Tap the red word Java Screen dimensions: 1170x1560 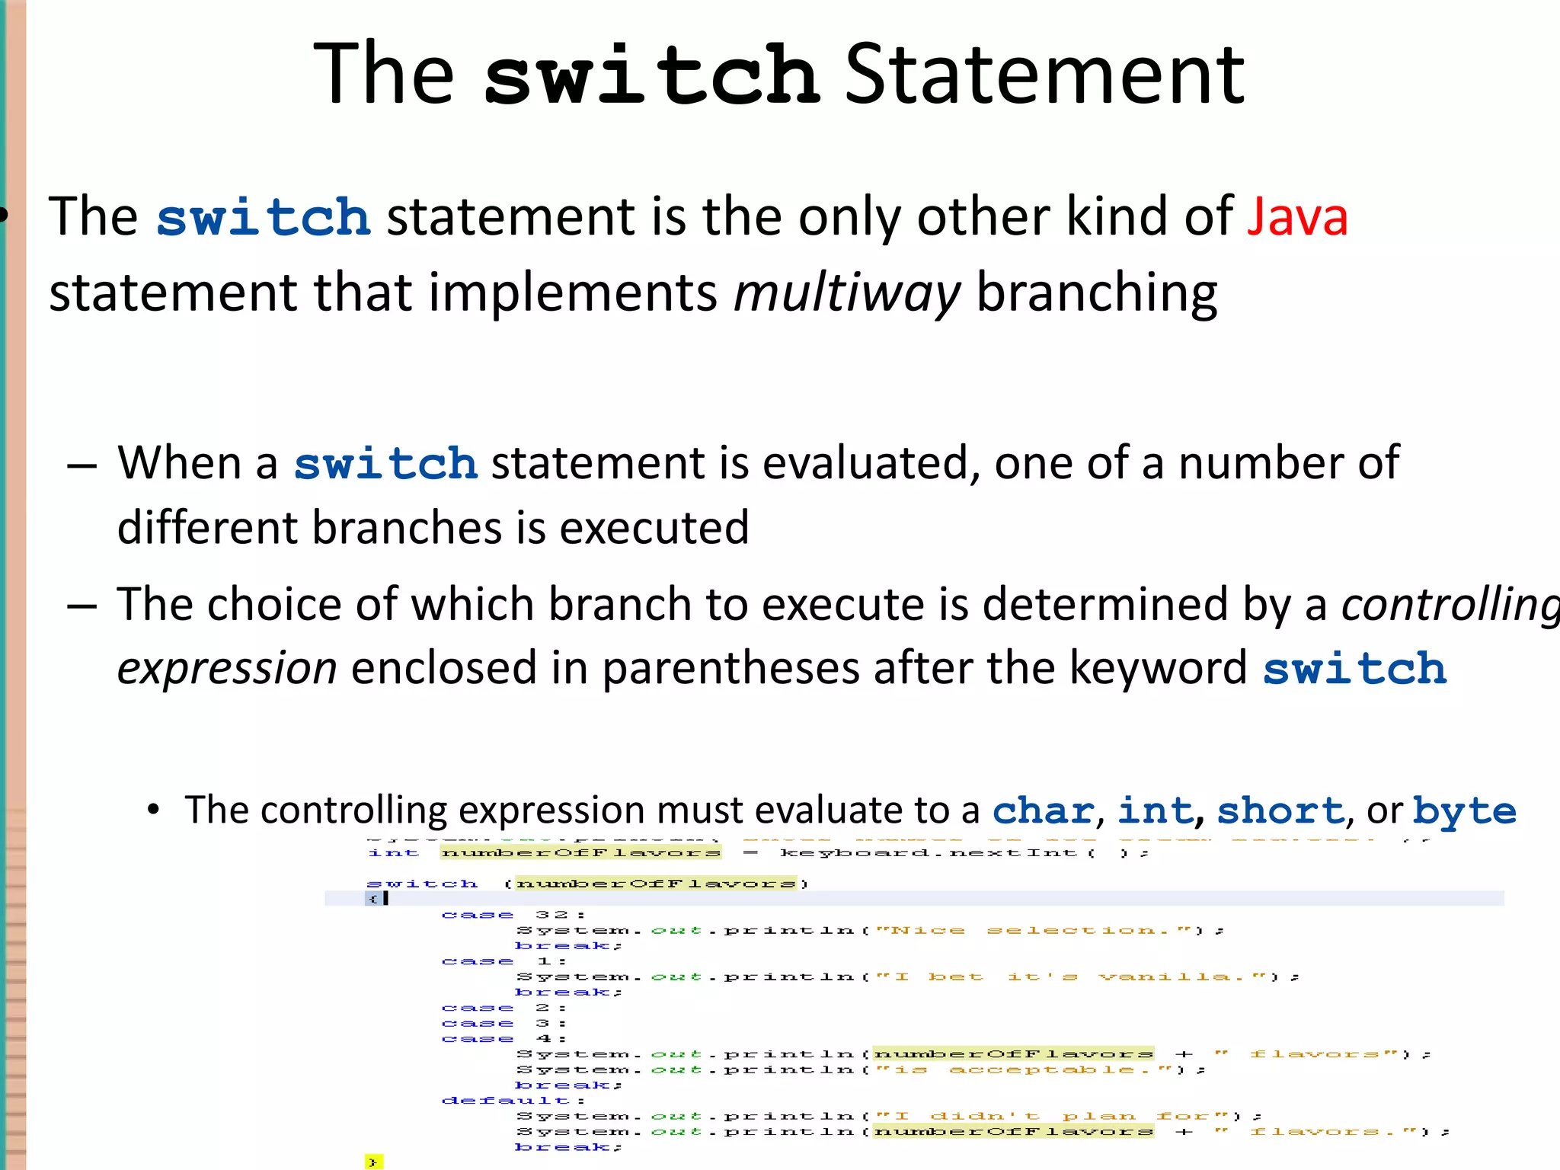[1297, 217]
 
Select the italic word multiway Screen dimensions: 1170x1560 [846, 293]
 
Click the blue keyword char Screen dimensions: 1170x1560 [1043, 810]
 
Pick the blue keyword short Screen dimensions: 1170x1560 [1280, 810]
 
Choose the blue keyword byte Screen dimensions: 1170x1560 [1464, 811]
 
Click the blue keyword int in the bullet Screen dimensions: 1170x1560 [1154, 810]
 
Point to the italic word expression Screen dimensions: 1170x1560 [227, 669]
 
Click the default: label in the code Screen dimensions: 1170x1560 [512, 1101]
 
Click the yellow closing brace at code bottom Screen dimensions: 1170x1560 [372, 1162]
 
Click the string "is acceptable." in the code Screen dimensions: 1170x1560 [1025, 1070]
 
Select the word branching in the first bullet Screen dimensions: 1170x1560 [1096, 293]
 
